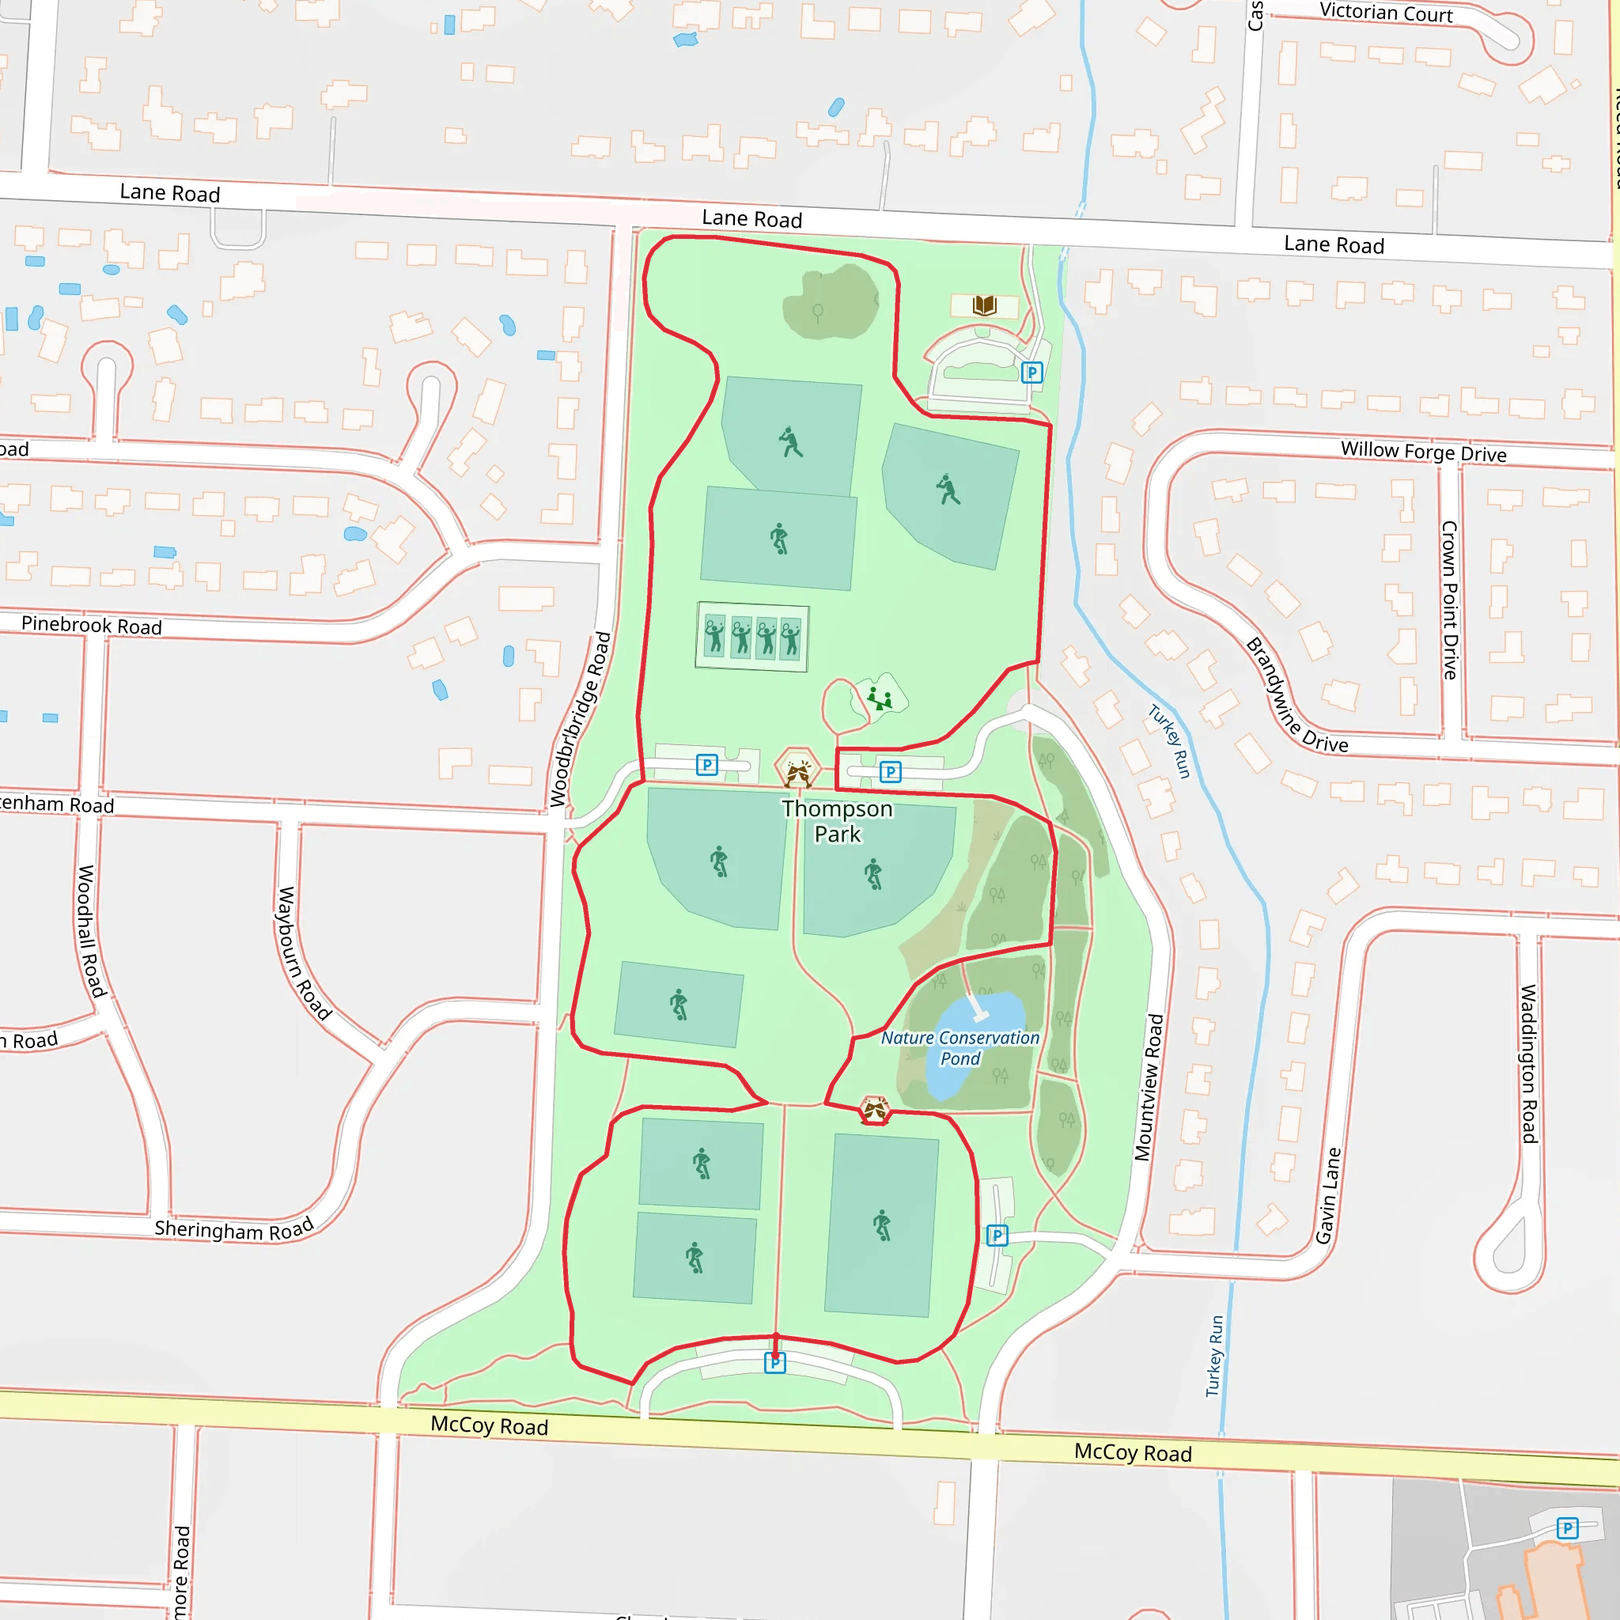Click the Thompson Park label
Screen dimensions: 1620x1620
click(837, 821)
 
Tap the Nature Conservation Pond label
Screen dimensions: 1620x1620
click(960, 1048)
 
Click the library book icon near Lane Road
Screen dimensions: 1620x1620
click(984, 305)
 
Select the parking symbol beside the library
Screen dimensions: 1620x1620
click(1032, 373)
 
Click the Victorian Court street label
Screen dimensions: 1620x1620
click(1386, 13)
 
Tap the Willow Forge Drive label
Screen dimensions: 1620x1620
click(1423, 452)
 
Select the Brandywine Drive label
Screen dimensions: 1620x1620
click(1296, 695)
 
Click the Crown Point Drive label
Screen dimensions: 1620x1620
click(1450, 600)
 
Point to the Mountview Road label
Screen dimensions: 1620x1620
click(1149, 1088)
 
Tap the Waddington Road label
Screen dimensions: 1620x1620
click(1528, 1063)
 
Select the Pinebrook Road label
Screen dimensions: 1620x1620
click(92, 625)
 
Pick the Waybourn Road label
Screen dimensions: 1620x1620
click(304, 953)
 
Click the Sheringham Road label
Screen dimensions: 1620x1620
click(234, 1228)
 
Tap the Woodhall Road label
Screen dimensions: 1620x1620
click(92, 932)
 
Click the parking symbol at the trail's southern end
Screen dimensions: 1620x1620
click(774, 1363)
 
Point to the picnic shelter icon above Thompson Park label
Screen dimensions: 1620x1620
click(797, 770)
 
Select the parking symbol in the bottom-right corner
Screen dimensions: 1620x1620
click(1567, 1527)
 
